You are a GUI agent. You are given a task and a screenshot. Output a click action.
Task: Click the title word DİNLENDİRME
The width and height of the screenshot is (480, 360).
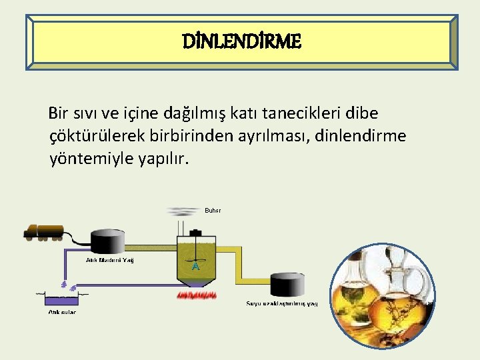[x=242, y=43]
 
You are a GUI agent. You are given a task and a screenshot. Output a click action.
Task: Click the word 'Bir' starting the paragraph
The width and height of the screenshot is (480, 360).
[x=61, y=114]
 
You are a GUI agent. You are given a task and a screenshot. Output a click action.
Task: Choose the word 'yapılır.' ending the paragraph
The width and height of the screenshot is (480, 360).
[x=163, y=159]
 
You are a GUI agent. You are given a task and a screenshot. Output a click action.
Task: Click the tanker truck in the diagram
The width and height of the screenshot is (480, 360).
[x=44, y=231]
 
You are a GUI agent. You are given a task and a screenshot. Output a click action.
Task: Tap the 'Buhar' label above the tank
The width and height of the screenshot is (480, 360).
[x=213, y=211]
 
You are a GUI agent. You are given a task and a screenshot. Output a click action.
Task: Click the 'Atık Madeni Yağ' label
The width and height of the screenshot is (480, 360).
[x=110, y=260]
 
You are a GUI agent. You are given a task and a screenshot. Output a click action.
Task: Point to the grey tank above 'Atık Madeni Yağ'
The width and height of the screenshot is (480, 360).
[x=109, y=241]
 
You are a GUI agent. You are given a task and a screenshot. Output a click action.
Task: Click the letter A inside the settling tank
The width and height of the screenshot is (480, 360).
[x=195, y=266]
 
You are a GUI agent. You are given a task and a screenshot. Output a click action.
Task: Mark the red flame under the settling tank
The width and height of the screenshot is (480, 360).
[x=196, y=295]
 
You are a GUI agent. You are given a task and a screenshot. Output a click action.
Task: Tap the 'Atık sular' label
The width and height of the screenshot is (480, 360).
[x=61, y=311]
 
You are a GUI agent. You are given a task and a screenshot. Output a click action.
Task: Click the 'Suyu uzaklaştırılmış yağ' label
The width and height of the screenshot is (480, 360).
[x=282, y=304]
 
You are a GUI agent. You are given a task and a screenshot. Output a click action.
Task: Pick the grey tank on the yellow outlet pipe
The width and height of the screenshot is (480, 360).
[x=287, y=284]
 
